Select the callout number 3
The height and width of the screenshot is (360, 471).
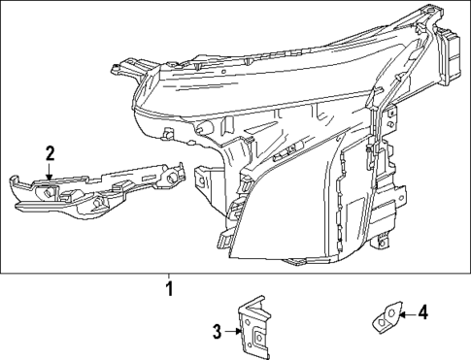coord(219,331)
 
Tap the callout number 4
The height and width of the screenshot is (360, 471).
coord(423,312)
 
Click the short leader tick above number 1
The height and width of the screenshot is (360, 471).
coord(168,277)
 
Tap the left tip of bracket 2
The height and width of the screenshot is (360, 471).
coord(14,180)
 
